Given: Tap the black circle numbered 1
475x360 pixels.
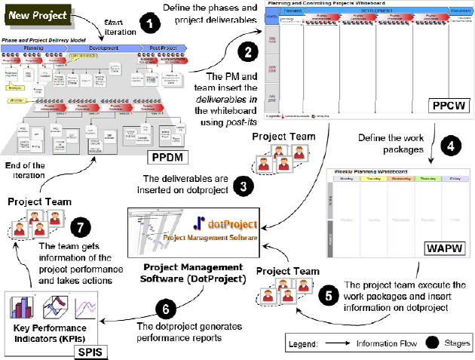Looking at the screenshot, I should [x=153, y=25].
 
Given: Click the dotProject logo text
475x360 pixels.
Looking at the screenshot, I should [x=231, y=224].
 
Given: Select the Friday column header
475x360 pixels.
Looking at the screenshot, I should [x=454, y=180].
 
